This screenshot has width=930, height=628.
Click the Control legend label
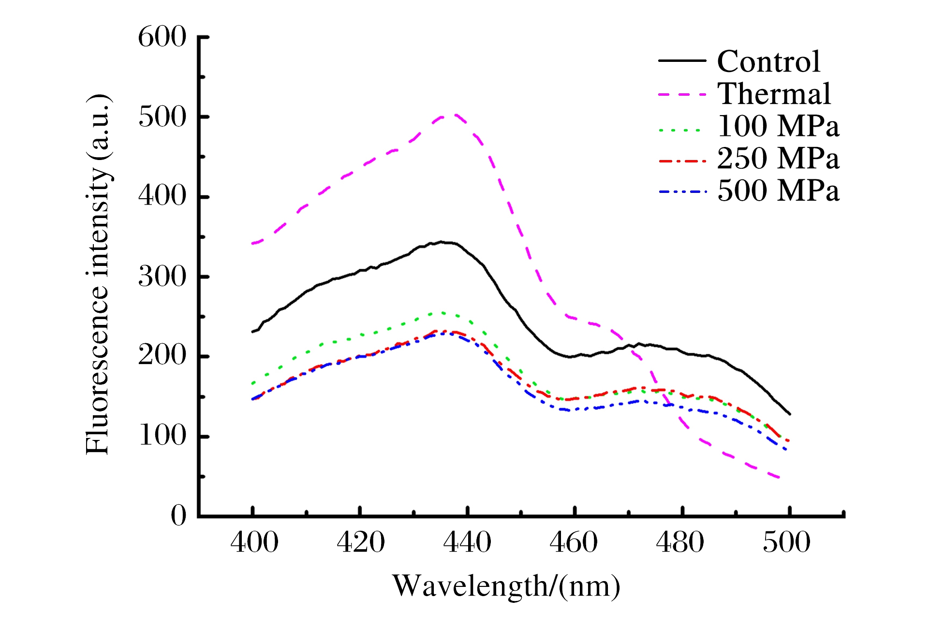pos(768,61)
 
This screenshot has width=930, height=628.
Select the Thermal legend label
pos(774,94)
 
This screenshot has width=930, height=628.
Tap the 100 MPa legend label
pos(778,126)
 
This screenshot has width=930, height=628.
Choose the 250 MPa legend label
pos(778,159)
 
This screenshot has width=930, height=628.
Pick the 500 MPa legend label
pos(778,190)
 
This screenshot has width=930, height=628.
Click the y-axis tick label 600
pos(162,37)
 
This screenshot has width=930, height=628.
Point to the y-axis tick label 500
pos(162,117)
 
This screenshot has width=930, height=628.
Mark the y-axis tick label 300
pos(162,277)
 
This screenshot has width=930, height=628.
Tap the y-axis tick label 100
pos(162,436)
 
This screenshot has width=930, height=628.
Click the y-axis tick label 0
pos(178,515)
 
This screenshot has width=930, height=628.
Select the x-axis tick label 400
pos(254,542)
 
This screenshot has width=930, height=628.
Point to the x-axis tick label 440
pos(467,542)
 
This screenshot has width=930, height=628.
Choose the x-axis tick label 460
pos(574,542)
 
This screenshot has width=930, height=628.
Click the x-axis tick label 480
pos(680,542)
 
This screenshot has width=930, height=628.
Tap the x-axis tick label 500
pos(786,542)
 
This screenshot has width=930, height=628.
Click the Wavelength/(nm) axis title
pos(506,586)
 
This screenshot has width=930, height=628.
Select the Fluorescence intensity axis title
pos(98,275)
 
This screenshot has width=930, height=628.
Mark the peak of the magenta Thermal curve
pos(453,115)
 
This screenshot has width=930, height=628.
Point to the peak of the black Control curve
pos(441,241)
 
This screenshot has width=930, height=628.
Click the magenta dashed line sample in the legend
pos(682,94)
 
